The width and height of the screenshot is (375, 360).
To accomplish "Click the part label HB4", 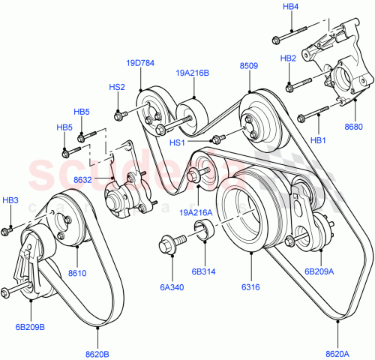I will coord(291,7).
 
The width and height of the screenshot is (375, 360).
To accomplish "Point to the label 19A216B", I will coord(193,73).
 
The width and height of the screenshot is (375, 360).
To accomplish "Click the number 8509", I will coord(249,66).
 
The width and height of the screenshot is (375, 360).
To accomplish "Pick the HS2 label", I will coord(117,87).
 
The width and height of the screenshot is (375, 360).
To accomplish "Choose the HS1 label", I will coord(177,142).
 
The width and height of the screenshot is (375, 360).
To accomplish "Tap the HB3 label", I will coord(10,200).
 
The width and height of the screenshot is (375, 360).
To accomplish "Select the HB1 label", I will coord(319,141).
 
